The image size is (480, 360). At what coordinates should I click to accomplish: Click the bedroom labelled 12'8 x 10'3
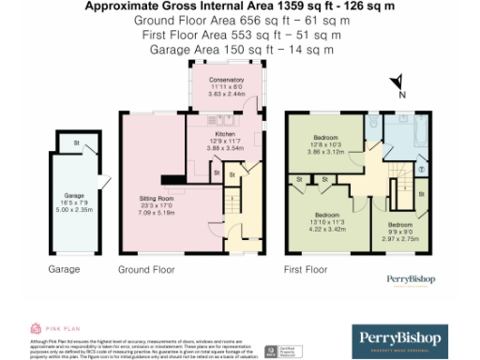click(326, 142)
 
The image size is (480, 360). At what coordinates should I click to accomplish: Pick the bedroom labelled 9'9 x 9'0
click(400, 230)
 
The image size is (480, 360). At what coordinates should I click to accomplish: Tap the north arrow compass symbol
click(397, 84)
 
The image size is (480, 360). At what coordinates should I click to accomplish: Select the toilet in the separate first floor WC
click(372, 123)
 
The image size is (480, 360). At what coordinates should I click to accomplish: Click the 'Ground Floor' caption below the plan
click(145, 270)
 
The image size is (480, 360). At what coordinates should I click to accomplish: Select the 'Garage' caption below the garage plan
click(63, 270)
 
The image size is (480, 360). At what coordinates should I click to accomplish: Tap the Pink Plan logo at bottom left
click(47, 328)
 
